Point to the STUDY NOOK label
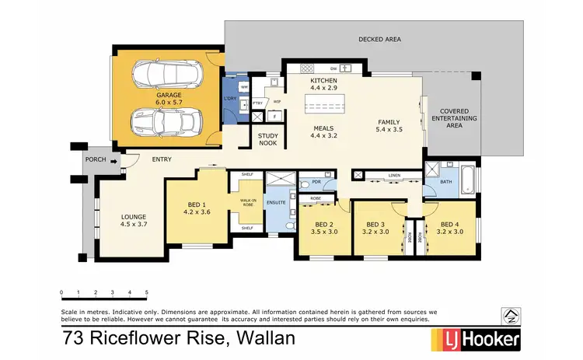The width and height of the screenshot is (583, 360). [267, 139]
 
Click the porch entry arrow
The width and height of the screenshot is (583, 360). [113, 162]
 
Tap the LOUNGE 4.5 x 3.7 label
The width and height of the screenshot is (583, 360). [133, 220]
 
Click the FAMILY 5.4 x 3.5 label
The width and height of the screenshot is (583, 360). [389, 127]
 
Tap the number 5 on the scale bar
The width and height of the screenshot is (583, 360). [147, 292]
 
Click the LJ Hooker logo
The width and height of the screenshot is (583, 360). [475, 340]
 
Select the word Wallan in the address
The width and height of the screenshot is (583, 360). [268, 338]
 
